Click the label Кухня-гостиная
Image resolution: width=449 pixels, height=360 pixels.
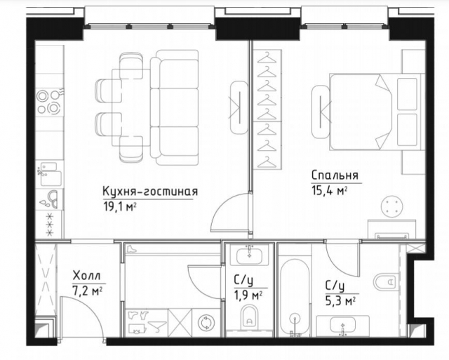coord(150,192)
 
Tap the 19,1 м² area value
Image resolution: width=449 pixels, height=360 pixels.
coord(119,206)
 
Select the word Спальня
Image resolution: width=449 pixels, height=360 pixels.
coord(335,175)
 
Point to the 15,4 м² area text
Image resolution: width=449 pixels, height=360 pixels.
coord(329,189)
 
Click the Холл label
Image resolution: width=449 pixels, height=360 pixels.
coord(86,275)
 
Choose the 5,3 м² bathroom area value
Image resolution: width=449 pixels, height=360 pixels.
coord(340,300)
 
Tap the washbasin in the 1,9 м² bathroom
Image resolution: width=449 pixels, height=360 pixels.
coord(250,255)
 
